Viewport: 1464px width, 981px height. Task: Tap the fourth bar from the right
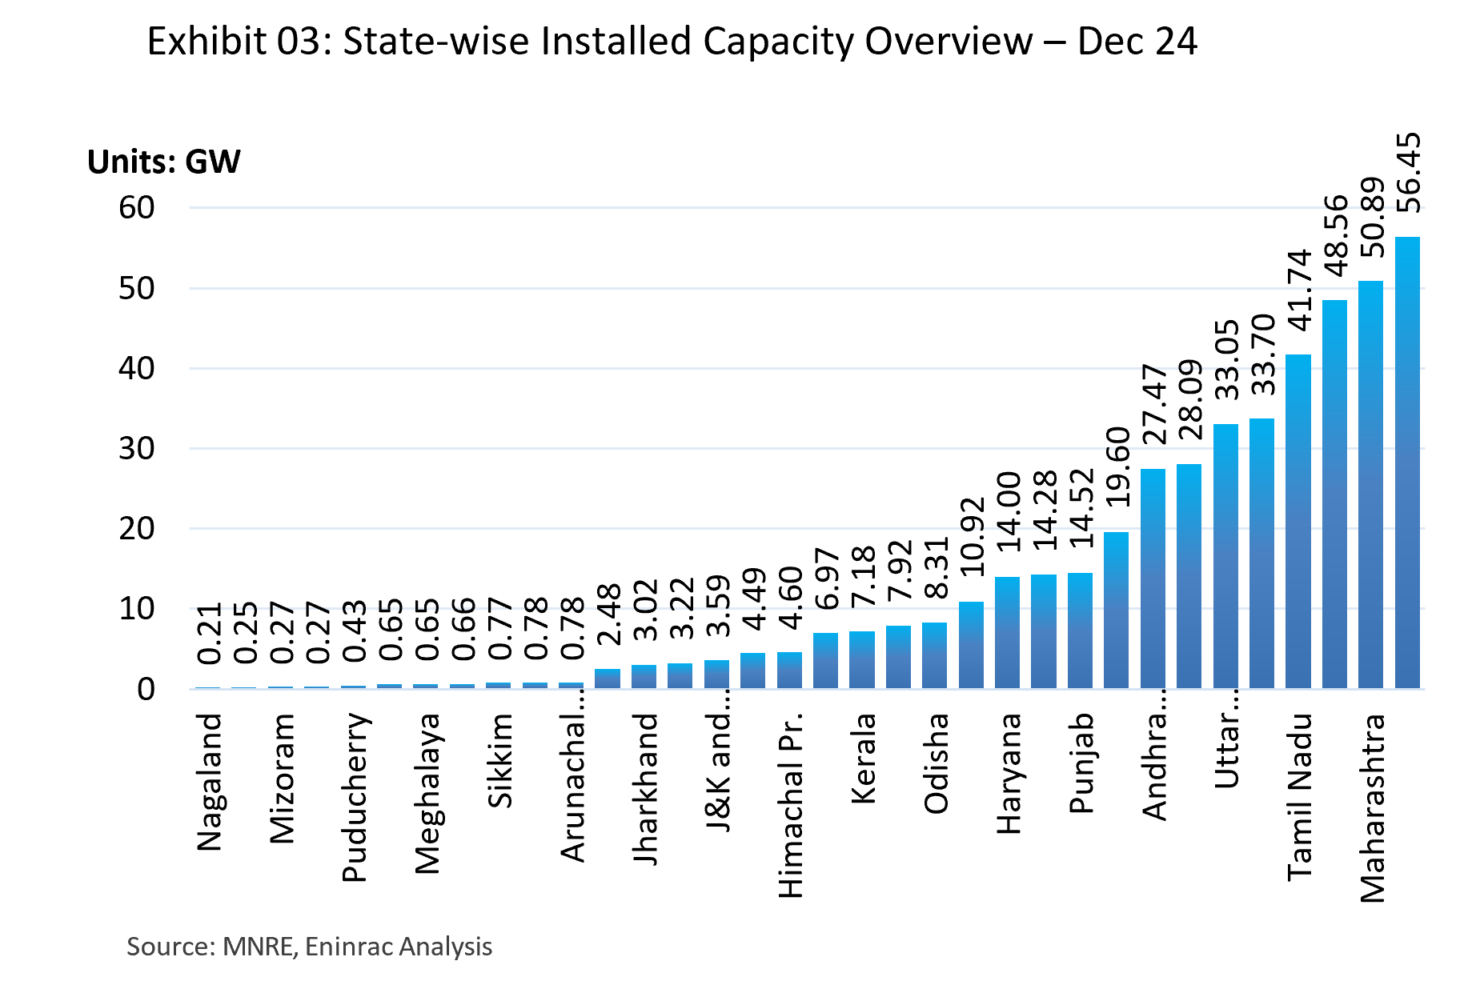coord(1298,521)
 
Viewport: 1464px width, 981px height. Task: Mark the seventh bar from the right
coord(1189,576)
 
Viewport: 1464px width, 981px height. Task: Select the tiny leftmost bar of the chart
coord(208,687)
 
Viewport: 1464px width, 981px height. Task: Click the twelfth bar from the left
coord(608,679)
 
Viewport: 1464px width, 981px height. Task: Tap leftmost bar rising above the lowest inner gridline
coord(971,645)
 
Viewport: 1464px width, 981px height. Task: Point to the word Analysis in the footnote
coord(445,947)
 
